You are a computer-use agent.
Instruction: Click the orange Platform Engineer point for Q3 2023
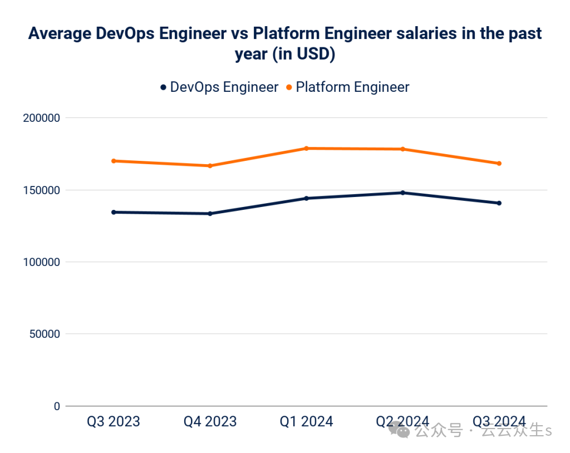coord(114,161)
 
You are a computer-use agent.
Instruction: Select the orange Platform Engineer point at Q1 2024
coord(306,148)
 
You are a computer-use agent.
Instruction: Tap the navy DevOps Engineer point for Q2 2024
coord(402,193)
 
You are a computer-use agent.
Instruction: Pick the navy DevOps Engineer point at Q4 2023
coord(210,213)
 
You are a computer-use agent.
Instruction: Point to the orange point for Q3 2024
coord(499,163)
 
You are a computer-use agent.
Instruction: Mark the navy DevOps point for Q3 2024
coord(499,203)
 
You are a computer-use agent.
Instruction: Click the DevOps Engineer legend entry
coord(219,87)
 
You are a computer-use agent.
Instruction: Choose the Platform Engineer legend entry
coord(347,87)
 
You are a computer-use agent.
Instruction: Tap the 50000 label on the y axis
coord(43,334)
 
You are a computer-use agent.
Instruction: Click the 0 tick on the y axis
coord(57,406)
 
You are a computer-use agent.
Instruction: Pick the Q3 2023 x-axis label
coord(114,421)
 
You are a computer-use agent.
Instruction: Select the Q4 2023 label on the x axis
coord(210,421)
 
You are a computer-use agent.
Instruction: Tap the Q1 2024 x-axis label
coord(306,421)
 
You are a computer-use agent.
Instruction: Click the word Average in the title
coord(58,35)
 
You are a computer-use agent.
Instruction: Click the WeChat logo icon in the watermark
coord(399,429)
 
